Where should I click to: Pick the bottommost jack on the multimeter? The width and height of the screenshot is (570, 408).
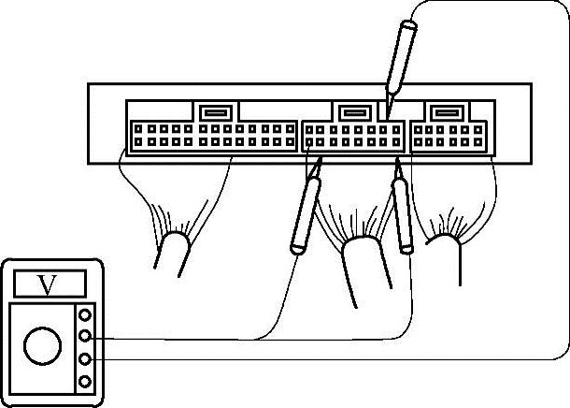(x=86, y=381)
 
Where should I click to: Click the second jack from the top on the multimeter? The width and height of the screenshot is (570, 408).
(x=86, y=336)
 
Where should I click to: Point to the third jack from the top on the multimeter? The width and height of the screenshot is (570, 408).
(x=86, y=358)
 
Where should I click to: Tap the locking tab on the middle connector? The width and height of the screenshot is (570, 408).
(x=352, y=112)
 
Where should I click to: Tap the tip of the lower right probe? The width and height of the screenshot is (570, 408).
(x=397, y=160)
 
